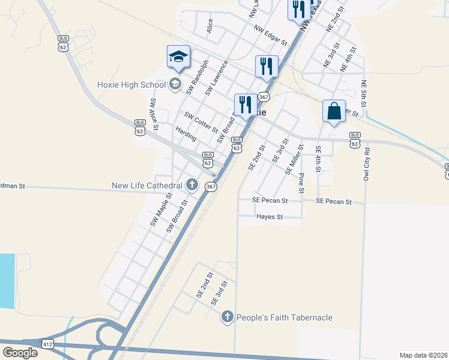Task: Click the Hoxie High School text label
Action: pos(131,85)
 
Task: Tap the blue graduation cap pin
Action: pos(178,57)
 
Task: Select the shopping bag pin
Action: pos(334,112)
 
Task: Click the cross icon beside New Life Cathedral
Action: pos(191,184)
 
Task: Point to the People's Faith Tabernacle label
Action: pos(285,317)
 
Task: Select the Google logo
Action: pos(20,353)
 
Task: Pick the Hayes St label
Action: pos(269,217)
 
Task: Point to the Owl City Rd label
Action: pos(366,162)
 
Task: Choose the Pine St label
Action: pos(301,183)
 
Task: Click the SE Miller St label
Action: pos(292,158)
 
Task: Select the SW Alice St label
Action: pos(154,113)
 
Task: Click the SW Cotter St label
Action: pos(201,122)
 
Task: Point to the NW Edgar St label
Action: pos(271,35)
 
